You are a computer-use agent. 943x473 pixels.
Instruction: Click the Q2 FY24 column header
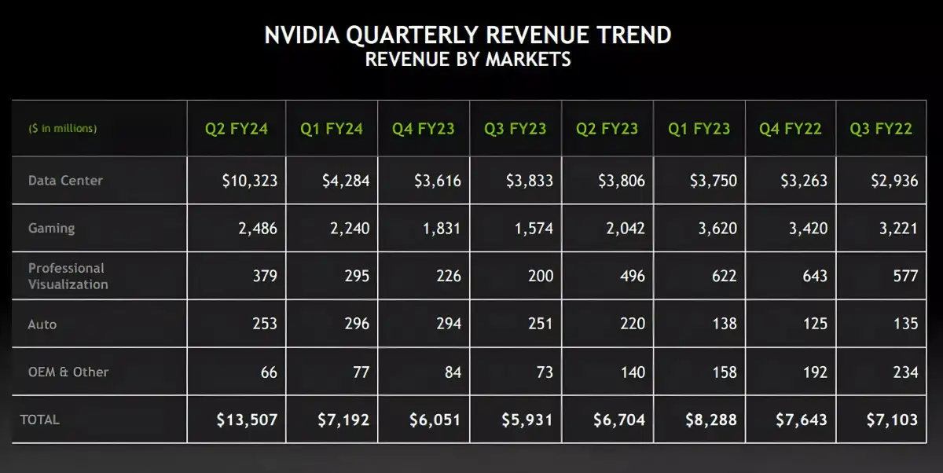click(237, 128)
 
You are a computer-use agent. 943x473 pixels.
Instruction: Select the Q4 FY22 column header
click(791, 128)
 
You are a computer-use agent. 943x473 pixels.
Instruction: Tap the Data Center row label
click(65, 180)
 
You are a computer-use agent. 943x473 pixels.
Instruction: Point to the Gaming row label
click(52, 228)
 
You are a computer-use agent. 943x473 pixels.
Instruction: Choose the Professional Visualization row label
click(68, 276)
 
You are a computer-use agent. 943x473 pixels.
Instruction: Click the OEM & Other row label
click(68, 372)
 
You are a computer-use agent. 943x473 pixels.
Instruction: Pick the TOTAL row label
click(40, 420)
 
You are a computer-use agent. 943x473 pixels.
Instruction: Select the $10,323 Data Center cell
click(249, 181)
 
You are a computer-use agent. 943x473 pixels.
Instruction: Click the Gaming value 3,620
click(714, 229)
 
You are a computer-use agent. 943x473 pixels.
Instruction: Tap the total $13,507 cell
click(248, 420)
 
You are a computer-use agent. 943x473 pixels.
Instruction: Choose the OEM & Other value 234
click(905, 372)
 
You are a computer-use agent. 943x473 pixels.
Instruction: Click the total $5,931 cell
click(527, 420)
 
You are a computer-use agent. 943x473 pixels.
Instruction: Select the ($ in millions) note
click(63, 128)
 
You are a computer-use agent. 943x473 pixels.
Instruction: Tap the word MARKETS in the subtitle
click(529, 59)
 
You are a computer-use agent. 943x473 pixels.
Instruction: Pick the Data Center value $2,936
click(894, 181)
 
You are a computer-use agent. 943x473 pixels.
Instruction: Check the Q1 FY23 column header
click(699, 128)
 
